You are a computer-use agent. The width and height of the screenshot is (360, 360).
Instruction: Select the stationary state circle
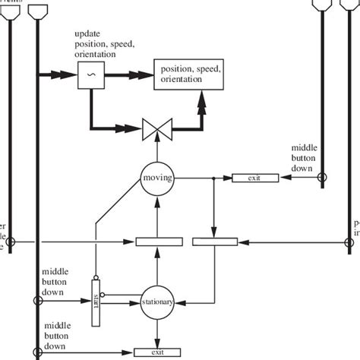coord(158,302)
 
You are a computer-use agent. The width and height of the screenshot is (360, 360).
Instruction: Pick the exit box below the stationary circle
coord(158,352)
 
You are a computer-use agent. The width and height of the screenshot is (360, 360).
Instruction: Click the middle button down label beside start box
coord(55,278)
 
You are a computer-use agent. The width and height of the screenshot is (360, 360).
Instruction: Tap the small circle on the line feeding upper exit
coord(322,178)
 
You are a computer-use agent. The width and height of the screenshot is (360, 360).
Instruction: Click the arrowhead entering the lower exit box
coord(129,352)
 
